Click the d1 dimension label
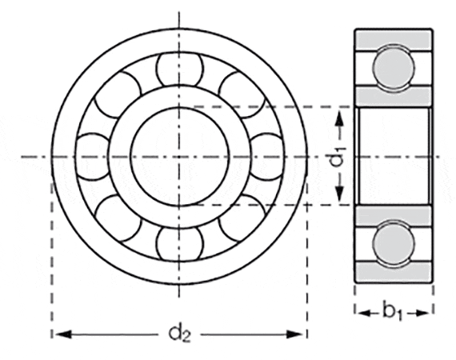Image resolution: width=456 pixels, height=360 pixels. (x=338, y=156)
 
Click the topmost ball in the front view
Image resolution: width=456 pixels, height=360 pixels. (x=179, y=69)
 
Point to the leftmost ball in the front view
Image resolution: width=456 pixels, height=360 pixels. (x=93, y=155)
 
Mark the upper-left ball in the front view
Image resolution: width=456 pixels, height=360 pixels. (x=118, y=94)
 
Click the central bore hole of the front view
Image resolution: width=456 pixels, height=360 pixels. (x=179, y=155)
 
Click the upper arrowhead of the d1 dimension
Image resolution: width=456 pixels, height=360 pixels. (x=339, y=115)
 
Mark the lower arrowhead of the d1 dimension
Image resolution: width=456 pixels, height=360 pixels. (x=339, y=198)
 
